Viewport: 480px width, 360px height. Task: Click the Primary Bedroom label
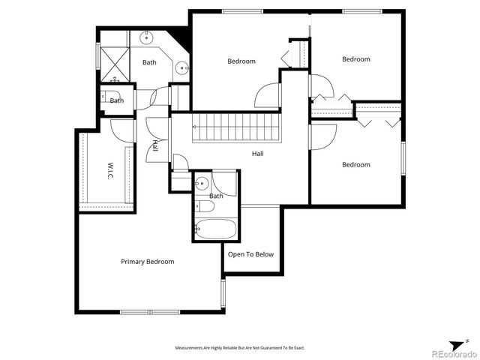pyautogui.click(x=148, y=262)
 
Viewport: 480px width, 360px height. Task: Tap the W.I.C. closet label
pyautogui.click(x=109, y=169)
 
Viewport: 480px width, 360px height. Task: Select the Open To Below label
pyautogui.click(x=251, y=254)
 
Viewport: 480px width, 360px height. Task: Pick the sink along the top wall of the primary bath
pyautogui.click(x=146, y=37)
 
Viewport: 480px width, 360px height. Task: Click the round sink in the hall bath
pyautogui.click(x=202, y=181)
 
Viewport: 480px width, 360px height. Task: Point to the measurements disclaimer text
pyautogui.click(x=240, y=348)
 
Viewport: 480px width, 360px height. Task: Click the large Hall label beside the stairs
pyautogui.click(x=257, y=154)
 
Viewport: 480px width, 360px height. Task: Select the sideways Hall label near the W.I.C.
pyautogui.click(x=155, y=145)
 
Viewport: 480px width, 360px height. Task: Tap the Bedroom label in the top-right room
pyautogui.click(x=356, y=59)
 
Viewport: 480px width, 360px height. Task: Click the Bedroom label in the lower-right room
pyautogui.click(x=356, y=165)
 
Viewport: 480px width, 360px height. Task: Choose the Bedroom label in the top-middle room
pyautogui.click(x=241, y=61)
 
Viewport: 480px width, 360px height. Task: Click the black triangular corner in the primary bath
pyautogui.click(x=181, y=36)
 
